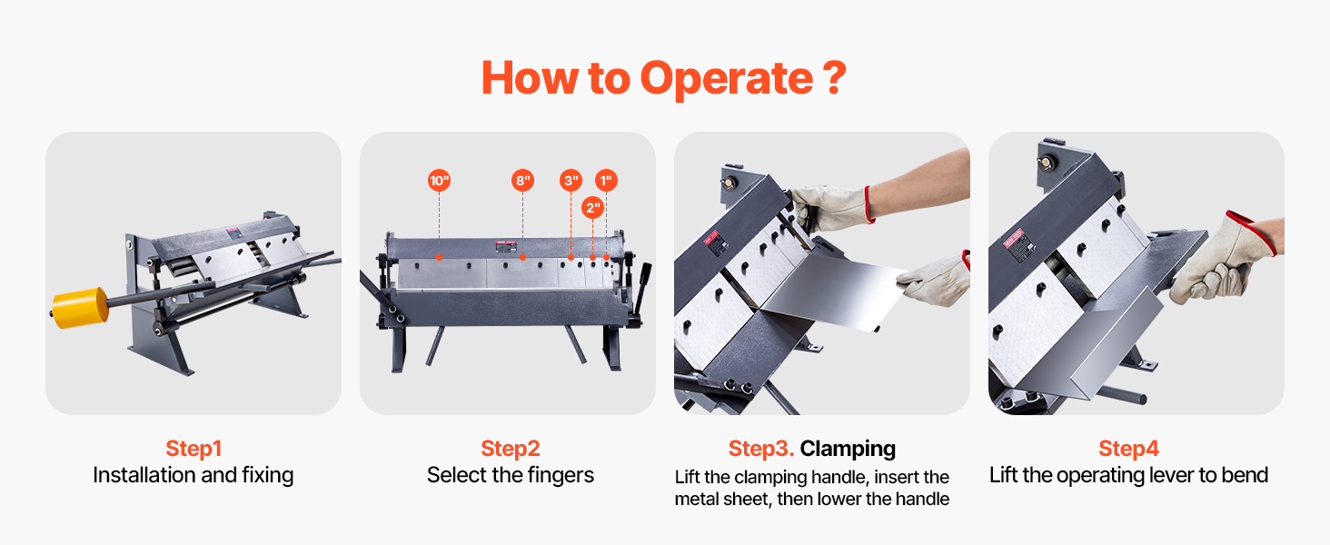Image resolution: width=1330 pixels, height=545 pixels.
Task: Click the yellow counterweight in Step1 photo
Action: pos(80,308)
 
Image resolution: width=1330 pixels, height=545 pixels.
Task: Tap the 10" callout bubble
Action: pos(440,181)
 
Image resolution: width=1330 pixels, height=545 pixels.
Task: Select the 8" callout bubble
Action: pos(522,181)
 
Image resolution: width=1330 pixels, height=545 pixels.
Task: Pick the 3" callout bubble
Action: pos(571,181)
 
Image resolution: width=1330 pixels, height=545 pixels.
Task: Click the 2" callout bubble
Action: pos(592,208)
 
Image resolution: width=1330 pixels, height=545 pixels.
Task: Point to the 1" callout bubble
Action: pos(606,181)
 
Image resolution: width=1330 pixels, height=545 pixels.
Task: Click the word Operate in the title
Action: pos(726,79)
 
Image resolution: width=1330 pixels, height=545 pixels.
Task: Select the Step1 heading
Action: pos(194,448)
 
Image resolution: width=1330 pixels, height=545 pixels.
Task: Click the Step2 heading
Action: pos(511,448)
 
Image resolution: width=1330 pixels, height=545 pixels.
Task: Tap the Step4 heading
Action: pos(1128,448)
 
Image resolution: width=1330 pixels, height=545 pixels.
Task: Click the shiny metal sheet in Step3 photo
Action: pos(834,291)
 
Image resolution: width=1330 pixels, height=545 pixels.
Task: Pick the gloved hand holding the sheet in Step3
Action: pos(935,279)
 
